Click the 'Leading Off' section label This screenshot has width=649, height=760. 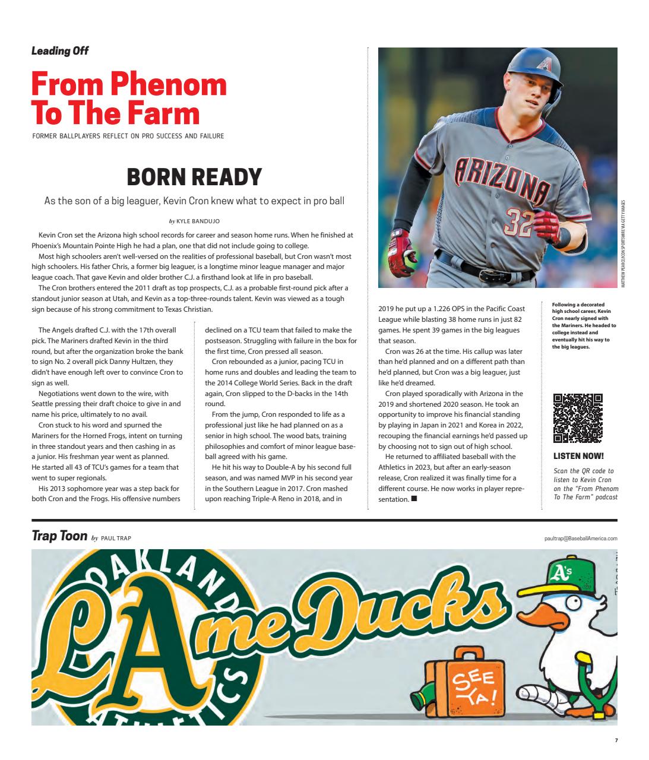60,51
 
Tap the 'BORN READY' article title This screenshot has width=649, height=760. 194,176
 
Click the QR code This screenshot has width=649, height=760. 578,418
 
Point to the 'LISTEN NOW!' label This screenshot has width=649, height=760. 578,456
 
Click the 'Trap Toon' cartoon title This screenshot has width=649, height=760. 59,537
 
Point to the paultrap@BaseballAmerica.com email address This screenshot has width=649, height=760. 580,539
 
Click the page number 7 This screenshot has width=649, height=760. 616,740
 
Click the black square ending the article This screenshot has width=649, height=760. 414,499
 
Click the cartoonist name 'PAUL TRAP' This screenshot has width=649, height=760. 116,538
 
